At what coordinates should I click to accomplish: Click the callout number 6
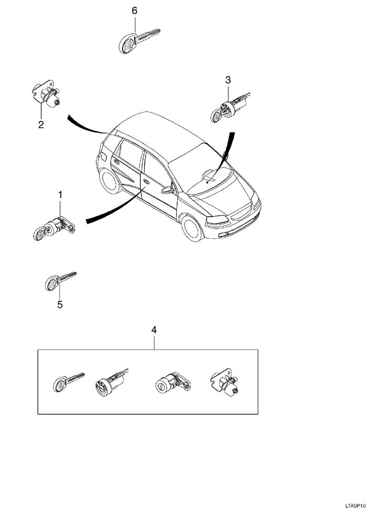coord(135,11)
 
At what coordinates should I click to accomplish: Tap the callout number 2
coord(40,125)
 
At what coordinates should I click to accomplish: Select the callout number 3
coord(228,80)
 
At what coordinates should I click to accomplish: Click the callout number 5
coord(59,304)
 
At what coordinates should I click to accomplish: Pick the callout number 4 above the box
coord(154,330)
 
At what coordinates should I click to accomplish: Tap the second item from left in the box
coord(110,382)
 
